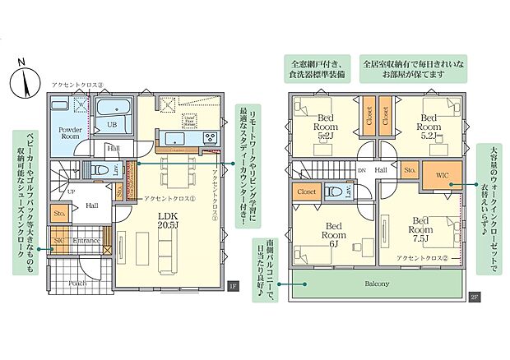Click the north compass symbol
(x=25, y=81)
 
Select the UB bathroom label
(x=113, y=124)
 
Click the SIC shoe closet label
(x=58, y=241)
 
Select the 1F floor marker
(x=232, y=286)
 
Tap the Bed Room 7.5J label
(x=421, y=224)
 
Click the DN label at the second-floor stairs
(x=361, y=170)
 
